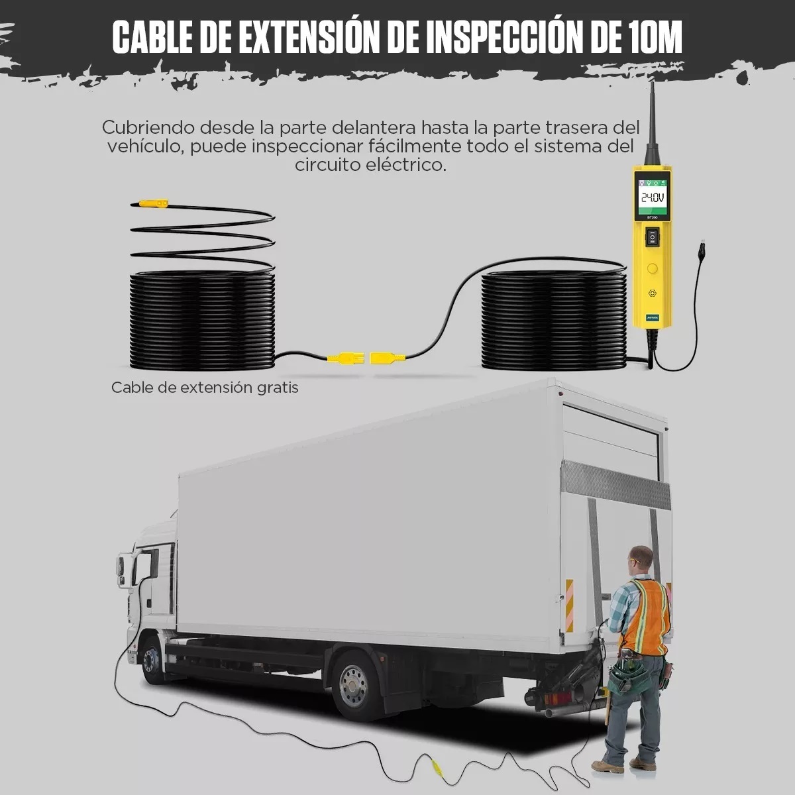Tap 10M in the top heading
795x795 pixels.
tap(653, 38)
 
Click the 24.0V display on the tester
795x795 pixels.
tap(652, 197)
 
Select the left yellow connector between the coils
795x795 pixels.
tap(344, 358)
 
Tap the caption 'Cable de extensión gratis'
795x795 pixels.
tap(205, 388)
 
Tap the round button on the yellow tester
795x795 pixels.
tap(653, 268)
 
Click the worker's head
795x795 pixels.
tap(641, 557)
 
